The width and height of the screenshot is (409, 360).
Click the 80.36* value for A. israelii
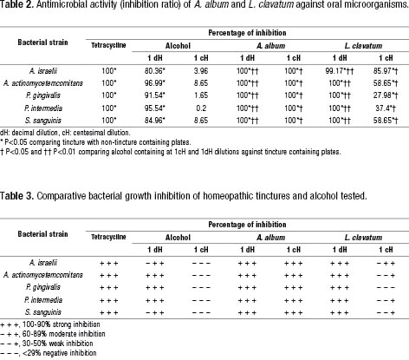click(155, 71)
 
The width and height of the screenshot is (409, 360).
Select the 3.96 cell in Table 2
click(201, 71)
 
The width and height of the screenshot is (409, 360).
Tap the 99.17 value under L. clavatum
click(340, 71)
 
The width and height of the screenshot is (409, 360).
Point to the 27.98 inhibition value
click(386, 95)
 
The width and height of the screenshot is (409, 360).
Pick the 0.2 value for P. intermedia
click(201, 108)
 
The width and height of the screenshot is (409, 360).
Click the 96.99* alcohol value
click(155, 83)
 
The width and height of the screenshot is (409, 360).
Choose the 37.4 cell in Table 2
click(386, 108)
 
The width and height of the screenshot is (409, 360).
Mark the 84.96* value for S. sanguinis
click(155, 121)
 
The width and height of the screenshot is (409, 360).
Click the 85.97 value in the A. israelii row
click(386, 71)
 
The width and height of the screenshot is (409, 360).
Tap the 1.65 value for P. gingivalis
click(201, 95)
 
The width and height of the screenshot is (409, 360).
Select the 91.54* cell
click(155, 95)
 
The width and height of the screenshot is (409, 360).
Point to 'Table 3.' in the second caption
click(16, 196)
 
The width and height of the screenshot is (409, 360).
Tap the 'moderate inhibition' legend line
click(53, 334)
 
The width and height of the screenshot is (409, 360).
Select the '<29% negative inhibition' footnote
click(49, 353)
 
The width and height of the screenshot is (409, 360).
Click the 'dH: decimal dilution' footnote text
click(29, 133)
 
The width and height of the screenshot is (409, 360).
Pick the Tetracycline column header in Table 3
click(108, 237)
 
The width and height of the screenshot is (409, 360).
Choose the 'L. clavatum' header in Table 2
click(363, 46)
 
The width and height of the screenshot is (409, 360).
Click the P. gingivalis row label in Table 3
click(43, 287)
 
